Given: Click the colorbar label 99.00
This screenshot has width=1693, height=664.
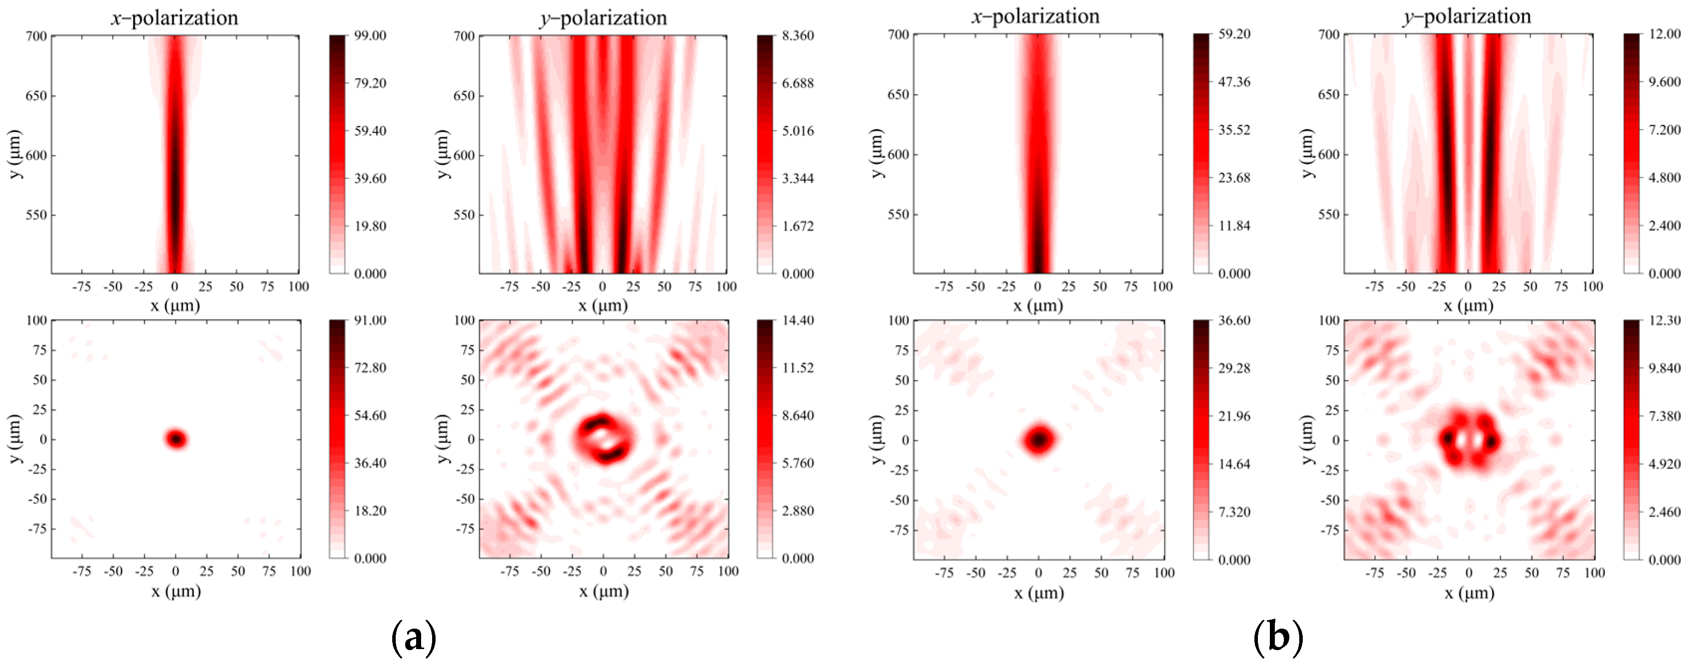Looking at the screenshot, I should click(370, 35).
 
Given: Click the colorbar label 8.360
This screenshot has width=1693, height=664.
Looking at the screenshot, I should click(798, 35).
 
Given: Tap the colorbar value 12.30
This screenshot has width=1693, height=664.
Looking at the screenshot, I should click(1665, 320).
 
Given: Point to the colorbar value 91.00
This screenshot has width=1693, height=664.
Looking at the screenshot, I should click(370, 320).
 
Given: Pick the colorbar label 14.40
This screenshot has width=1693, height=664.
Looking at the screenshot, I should click(798, 320).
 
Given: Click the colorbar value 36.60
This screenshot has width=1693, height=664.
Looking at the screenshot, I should click(1234, 320).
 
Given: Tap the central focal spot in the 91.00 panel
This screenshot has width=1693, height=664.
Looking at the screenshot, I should click(175, 439).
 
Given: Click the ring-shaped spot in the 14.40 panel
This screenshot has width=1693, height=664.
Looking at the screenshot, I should click(604, 439).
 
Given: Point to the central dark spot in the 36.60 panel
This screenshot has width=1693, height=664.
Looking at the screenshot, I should click(1039, 439).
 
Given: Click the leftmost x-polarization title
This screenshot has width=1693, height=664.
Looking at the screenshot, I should click(175, 18).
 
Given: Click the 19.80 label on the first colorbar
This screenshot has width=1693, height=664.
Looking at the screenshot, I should click(370, 226).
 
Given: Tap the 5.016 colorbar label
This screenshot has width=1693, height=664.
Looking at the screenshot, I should click(798, 131).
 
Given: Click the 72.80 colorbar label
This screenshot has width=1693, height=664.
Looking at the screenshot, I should click(370, 368).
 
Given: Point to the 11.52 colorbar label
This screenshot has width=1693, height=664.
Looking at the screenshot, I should click(798, 368).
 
